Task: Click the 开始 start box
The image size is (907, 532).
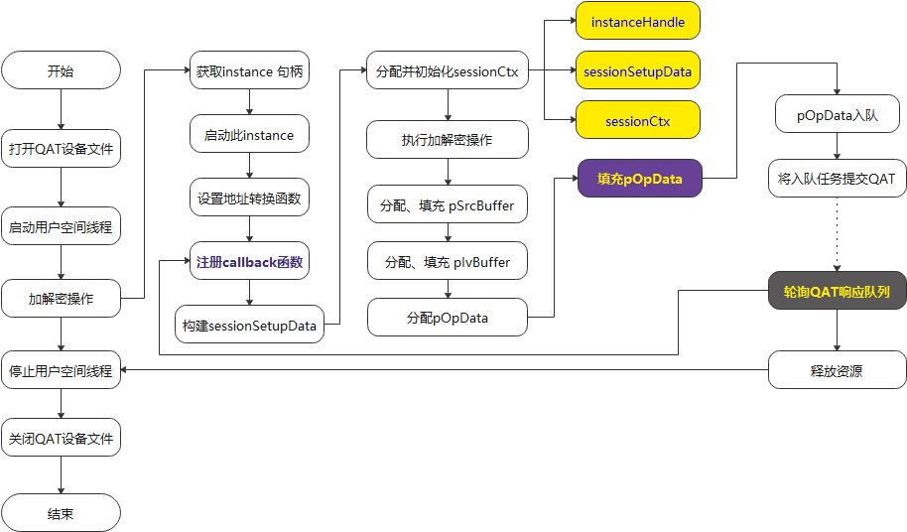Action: (x=61, y=71)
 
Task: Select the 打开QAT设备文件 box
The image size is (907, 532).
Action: (x=61, y=150)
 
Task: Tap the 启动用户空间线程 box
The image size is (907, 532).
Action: (x=61, y=227)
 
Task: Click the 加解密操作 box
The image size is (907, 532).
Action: (x=61, y=298)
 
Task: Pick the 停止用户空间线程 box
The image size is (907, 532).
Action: (x=61, y=372)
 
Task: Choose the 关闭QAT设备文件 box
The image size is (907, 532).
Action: (x=61, y=438)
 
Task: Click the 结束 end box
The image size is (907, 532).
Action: (x=61, y=514)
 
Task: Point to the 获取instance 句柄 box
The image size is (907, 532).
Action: (x=248, y=71)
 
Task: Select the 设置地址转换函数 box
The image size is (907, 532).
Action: (x=248, y=198)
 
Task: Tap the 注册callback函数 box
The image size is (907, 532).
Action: (x=248, y=263)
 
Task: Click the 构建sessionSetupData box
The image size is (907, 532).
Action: (x=248, y=325)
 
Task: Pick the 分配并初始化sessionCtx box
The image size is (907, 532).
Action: (x=447, y=71)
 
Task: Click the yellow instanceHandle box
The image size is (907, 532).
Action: (x=637, y=21)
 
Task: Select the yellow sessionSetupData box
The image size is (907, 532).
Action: (x=637, y=71)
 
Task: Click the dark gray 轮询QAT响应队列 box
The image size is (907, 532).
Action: (x=837, y=292)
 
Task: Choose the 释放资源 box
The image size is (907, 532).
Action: (x=837, y=372)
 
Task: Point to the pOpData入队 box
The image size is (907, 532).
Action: (x=837, y=115)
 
